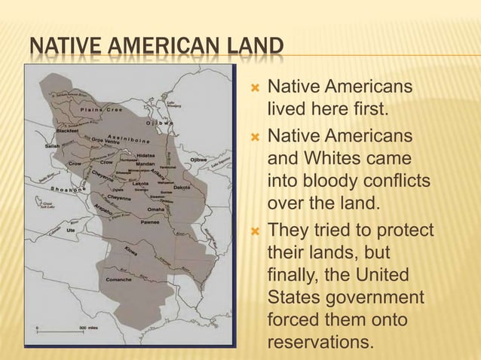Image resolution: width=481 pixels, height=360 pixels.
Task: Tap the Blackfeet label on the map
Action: click(x=67, y=130)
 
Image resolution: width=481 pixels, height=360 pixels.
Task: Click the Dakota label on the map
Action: click(x=182, y=186)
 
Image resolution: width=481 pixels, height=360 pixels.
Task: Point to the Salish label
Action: click(x=53, y=146)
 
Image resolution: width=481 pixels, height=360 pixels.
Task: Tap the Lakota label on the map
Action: click(x=140, y=183)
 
